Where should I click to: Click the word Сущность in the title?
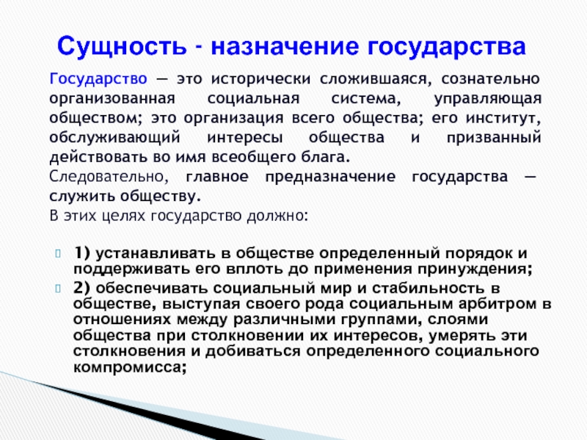point(122,47)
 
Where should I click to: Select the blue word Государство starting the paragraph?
point(98,80)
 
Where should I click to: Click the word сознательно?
point(490,79)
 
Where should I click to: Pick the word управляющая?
point(488,99)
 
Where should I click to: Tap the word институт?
point(503,118)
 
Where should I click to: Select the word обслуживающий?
point(114,138)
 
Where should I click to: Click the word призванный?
point(494,138)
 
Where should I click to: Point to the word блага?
point(326,157)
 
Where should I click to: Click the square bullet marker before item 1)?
point(58,254)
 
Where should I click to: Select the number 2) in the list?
point(82,288)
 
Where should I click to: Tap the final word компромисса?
point(130,367)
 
